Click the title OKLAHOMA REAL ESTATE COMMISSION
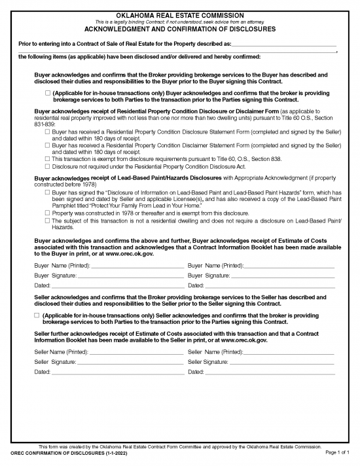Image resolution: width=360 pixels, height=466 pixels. (x=180, y=14)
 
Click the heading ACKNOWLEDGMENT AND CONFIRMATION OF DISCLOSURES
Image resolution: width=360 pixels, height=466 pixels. (x=180, y=29)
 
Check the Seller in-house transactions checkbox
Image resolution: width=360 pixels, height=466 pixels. (x=37, y=315)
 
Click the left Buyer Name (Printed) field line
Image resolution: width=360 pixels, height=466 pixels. (x=131, y=266)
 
